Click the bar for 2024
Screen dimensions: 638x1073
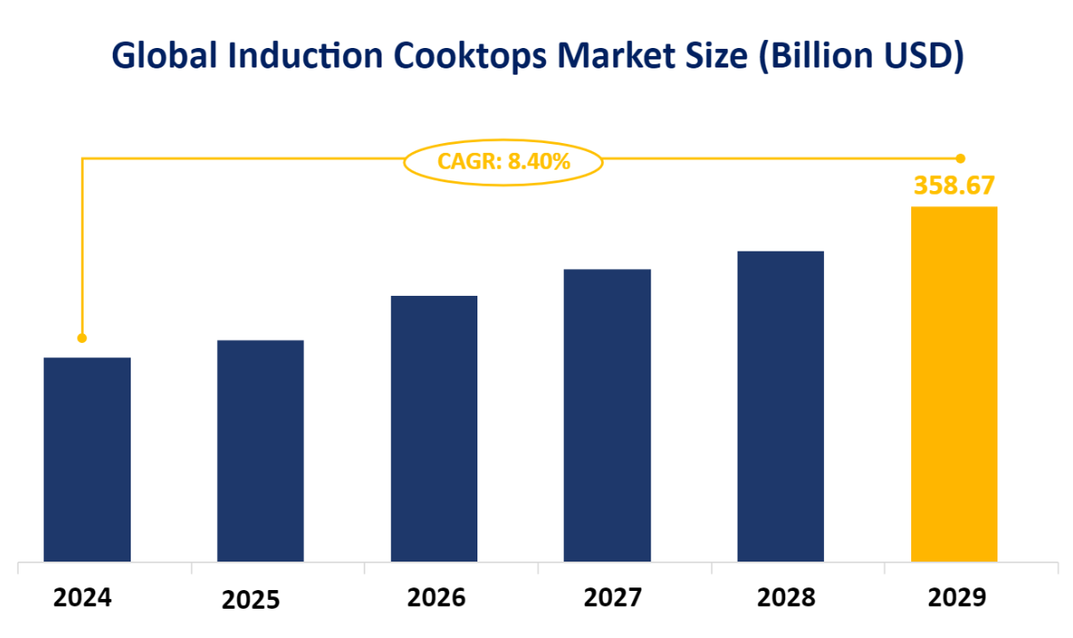click(87, 459)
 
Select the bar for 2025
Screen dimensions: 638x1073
click(260, 451)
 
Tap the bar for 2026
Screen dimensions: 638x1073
click(434, 428)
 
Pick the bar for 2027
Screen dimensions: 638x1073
click(607, 415)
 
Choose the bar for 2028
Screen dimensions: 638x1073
click(781, 406)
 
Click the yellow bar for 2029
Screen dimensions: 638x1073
click(954, 384)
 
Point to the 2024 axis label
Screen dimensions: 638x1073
click(83, 598)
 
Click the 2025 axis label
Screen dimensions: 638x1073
click(251, 600)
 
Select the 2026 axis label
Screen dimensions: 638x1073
click(436, 598)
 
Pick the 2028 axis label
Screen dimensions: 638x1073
click(786, 598)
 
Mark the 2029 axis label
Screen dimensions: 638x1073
click(957, 598)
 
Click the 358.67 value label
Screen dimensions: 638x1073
click(954, 186)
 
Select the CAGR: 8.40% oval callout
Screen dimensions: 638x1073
click(503, 162)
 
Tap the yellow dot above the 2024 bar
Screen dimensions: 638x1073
click(82, 338)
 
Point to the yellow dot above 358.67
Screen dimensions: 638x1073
click(960, 158)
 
